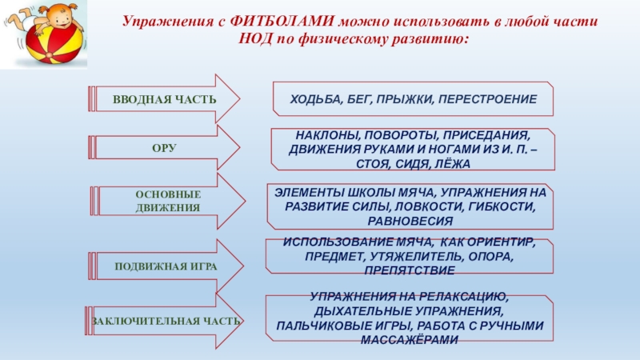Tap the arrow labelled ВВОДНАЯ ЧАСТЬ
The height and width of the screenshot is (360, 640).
[x=164, y=99]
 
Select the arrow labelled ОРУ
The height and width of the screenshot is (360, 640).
[x=164, y=149]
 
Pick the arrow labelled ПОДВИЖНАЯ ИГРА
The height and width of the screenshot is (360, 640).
[x=164, y=265]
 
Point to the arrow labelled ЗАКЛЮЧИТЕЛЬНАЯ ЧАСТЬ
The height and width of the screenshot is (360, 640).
[x=165, y=321]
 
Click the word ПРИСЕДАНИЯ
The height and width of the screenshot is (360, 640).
[x=489, y=135]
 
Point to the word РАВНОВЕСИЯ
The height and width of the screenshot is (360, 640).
[x=413, y=220]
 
